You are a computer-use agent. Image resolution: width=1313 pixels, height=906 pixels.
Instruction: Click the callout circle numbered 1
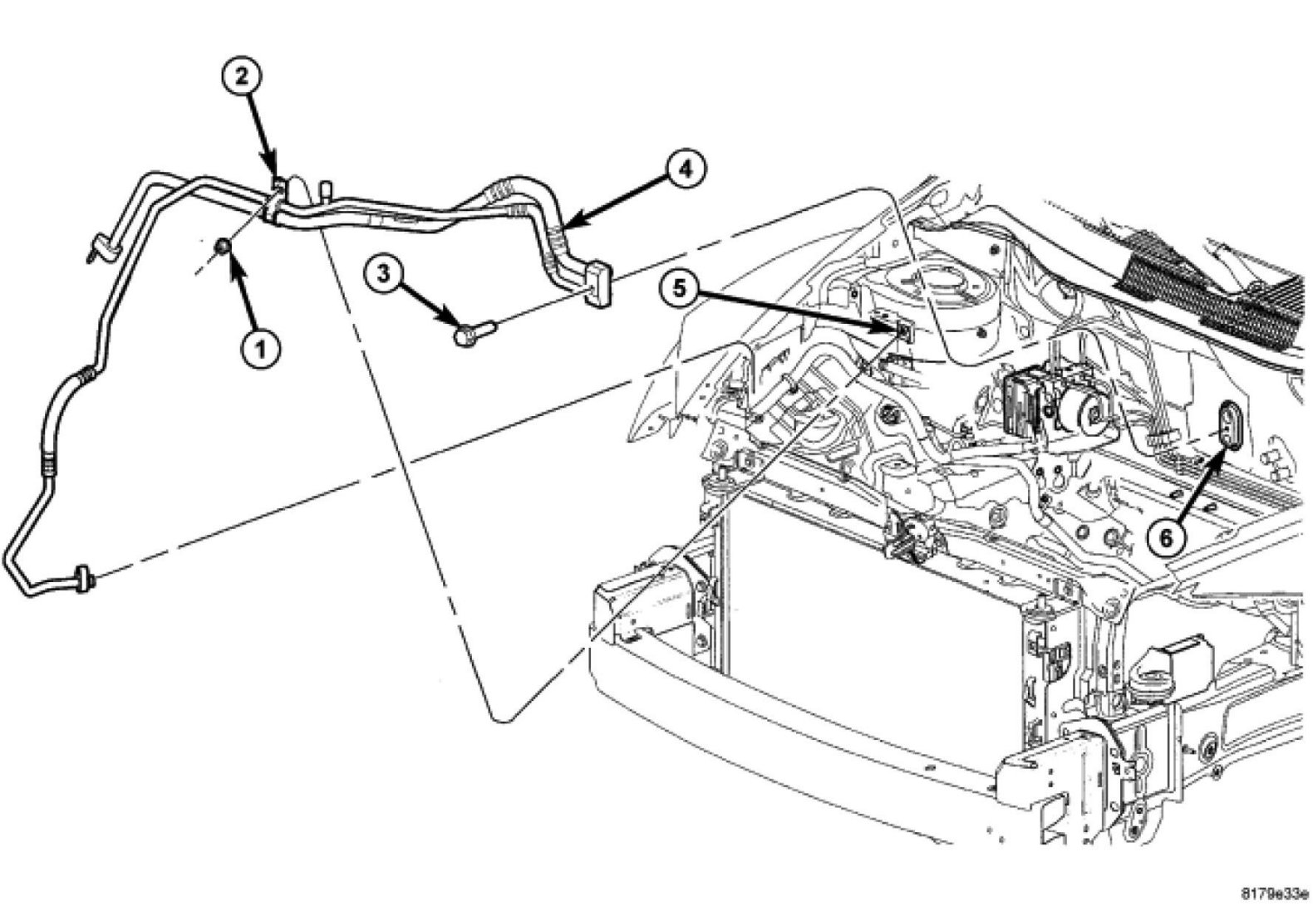tap(260, 350)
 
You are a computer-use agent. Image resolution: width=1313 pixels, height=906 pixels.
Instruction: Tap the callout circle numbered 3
tap(381, 274)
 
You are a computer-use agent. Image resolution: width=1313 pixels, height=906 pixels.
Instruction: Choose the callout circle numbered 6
tap(1167, 537)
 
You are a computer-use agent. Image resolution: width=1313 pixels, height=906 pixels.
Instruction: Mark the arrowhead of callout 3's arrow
tap(455, 323)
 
